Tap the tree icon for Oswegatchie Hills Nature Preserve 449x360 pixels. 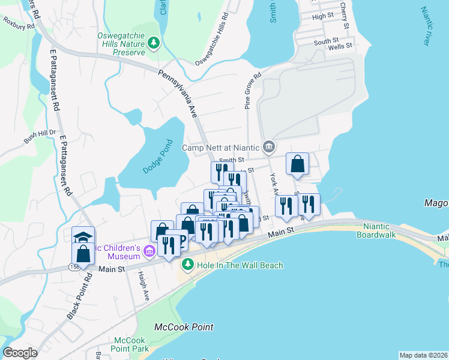pyautogui.click(x=154, y=43)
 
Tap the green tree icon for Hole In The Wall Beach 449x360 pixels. pyautogui.click(x=187, y=264)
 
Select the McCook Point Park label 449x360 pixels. pyautogui.click(x=131, y=344)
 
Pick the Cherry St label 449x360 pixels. pyautogui.click(x=344, y=14)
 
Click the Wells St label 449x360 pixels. pyautogui.click(x=340, y=46)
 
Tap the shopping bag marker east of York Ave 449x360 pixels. pyautogui.click(x=297, y=163)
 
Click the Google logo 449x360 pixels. pyautogui.click(x=20, y=353)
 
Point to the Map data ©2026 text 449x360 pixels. pyautogui.click(x=423, y=355)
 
